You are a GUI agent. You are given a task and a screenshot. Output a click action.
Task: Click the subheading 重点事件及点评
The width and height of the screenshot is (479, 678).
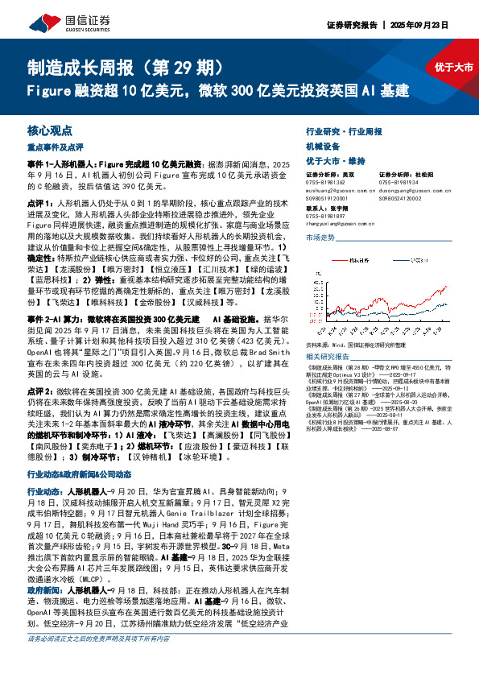coord(56,147)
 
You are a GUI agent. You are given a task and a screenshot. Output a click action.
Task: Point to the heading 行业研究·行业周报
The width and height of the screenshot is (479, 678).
coord(345,131)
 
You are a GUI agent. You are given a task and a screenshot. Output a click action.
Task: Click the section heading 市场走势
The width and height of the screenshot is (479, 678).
coord(320,238)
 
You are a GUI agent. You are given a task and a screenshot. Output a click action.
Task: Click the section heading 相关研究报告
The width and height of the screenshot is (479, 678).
coord(328,356)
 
